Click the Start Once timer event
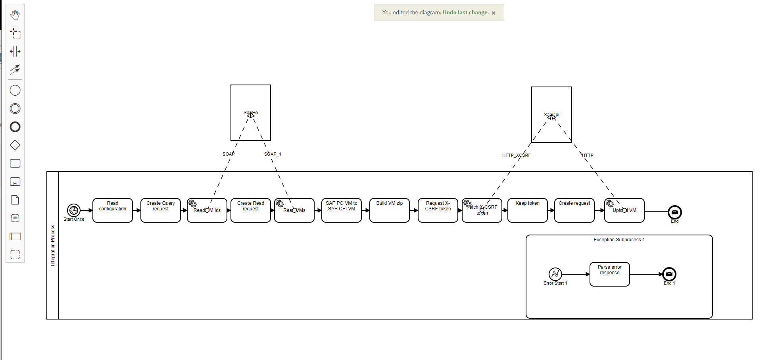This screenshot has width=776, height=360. pyautogui.click(x=74, y=210)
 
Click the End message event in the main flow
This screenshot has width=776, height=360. pyautogui.click(x=675, y=212)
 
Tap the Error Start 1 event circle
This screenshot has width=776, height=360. pyautogui.click(x=555, y=274)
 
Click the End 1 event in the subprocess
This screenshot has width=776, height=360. pyautogui.click(x=669, y=274)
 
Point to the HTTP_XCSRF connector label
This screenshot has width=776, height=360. pyautogui.click(x=516, y=155)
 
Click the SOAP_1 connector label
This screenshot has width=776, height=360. pyautogui.click(x=273, y=154)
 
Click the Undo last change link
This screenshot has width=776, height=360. pyautogui.click(x=466, y=13)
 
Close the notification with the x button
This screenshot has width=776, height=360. pyautogui.click(x=494, y=13)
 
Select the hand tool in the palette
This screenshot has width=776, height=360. pyautogui.click(x=15, y=15)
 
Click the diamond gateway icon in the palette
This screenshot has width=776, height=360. pyautogui.click(x=15, y=145)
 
